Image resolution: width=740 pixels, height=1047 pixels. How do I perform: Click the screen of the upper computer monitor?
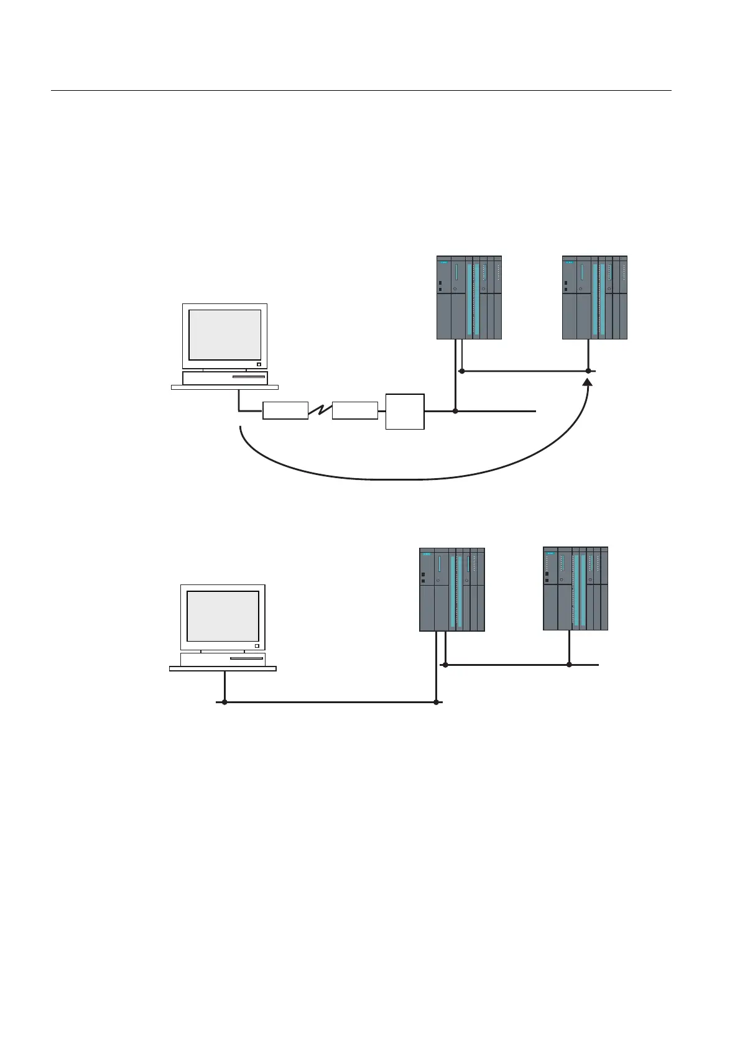pos(224,334)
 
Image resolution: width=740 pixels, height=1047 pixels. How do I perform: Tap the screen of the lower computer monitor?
pos(223,616)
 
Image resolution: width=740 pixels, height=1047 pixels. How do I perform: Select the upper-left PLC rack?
pos(469,297)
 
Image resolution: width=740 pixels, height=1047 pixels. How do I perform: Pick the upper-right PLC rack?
pos(594,297)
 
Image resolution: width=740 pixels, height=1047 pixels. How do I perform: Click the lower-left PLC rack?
pos(452,589)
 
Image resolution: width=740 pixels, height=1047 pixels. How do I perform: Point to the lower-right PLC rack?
pos(575,588)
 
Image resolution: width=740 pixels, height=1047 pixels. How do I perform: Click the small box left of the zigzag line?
pos(285,410)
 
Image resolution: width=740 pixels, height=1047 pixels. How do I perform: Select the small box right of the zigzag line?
pos(355,410)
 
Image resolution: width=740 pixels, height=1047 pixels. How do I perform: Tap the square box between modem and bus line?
pos(405,411)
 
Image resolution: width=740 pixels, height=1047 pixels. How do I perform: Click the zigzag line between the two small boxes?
pos(320,410)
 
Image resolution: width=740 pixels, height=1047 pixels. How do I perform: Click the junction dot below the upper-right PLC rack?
pos(588,371)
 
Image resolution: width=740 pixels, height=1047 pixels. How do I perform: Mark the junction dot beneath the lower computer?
pos(224,703)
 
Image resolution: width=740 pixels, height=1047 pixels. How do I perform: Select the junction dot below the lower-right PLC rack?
pos(569,665)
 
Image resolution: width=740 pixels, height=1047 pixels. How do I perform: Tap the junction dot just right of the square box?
pos(455,411)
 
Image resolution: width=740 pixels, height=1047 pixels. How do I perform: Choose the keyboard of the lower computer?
pos(223,669)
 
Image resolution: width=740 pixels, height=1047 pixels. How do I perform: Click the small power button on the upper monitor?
pos(259,364)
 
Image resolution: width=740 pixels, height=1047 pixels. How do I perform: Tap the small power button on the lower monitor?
pos(257,645)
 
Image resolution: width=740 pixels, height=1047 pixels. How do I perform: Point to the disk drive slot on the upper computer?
pos(248,377)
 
